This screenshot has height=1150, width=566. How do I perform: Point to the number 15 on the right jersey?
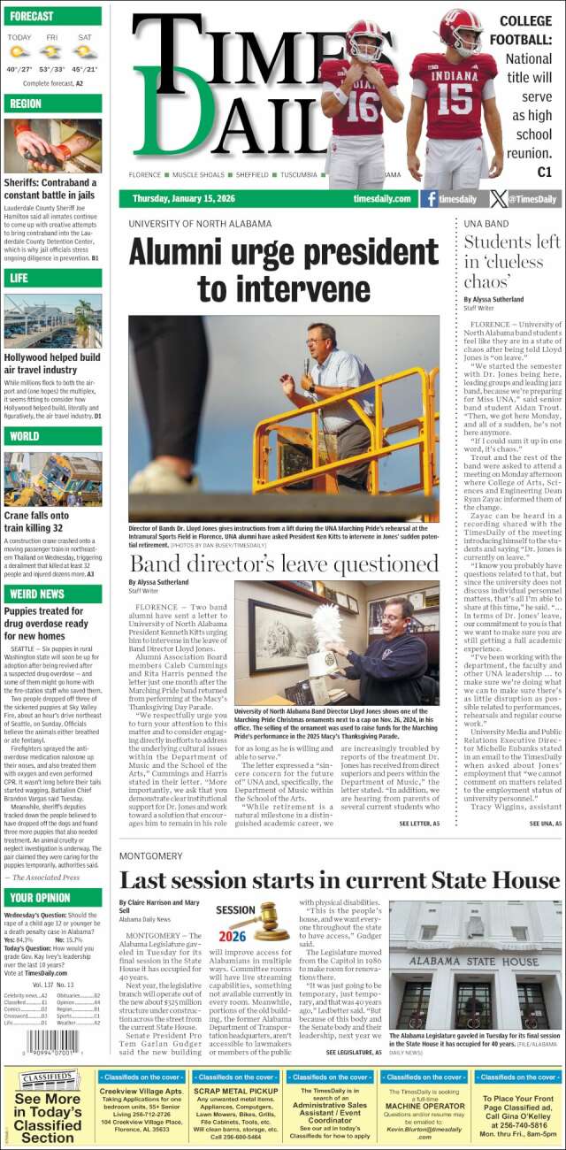pyautogui.click(x=455, y=99)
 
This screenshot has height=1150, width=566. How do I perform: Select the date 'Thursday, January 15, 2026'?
pyautogui.click(x=183, y=199)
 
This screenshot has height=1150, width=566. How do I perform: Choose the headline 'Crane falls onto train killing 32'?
pyautogui.click(x=36, y=521)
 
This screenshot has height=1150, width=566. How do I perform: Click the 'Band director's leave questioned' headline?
pyautogui.click(x=284, y=563)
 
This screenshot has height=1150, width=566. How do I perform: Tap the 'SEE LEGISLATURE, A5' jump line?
pyautogui.click(x=354, y=1053)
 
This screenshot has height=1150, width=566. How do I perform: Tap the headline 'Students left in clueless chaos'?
pyautogui.click(x=511, y=262)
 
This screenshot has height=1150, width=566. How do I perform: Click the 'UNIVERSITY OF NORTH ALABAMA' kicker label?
pyautogui.click(x=200, y=224)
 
